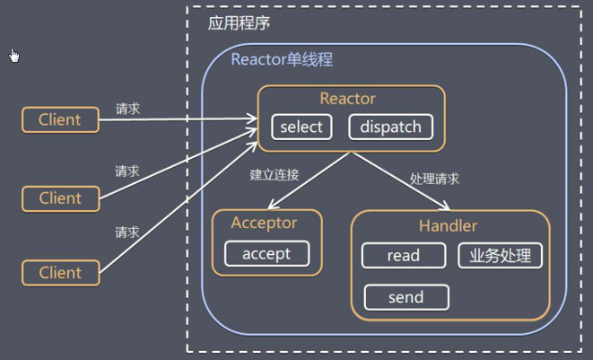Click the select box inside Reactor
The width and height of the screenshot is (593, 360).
click(301, 127)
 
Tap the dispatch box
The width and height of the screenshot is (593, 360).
click(390, 127)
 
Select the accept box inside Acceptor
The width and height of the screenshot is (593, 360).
click(266, 253)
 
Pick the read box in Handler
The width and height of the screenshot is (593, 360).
click(404, 255)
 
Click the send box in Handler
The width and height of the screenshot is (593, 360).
click(406, 296)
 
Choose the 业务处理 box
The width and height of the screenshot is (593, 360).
click(500, 255)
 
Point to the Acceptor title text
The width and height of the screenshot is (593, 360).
click(264, 223)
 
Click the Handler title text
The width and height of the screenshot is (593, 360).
click(448, 225)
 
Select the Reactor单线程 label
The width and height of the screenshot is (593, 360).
click(282, 61)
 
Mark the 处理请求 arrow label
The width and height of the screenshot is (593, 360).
click(435, 178)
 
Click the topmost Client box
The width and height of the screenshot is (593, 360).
click(60, 119)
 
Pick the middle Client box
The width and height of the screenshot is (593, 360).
click(60, 198)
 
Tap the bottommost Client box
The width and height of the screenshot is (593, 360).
click(60, 273)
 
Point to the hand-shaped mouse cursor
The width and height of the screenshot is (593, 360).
click(13, 56)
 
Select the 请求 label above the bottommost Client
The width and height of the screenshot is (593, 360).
click(127, 233)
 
